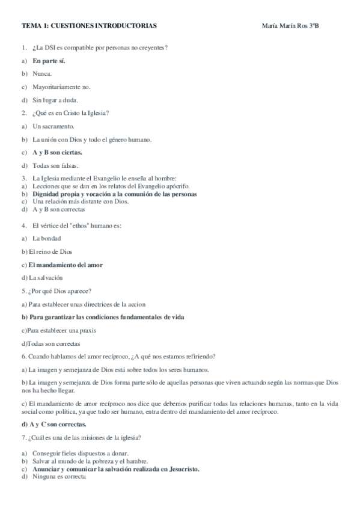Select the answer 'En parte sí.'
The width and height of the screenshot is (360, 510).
coord(49,61)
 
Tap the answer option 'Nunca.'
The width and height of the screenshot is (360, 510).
coord(42,73)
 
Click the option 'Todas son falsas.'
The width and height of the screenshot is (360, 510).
coord(56,165)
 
